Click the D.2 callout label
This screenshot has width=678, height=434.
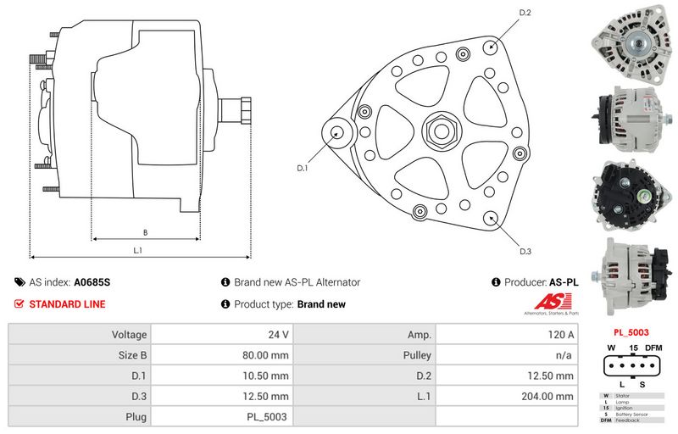524,13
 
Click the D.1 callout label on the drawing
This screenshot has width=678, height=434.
302,169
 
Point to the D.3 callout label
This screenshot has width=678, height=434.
525,251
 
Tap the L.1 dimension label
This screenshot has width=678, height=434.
137,250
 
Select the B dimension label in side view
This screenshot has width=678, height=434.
145,231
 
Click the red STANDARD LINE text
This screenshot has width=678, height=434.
67,304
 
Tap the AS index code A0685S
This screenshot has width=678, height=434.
92,282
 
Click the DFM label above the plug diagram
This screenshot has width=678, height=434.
654,348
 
